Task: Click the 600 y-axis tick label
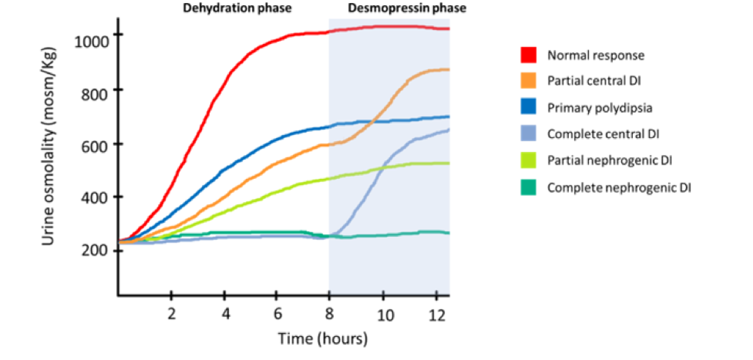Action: (97, 144)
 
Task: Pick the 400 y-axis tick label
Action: (97, 198)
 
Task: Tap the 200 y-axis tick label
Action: (97, 250)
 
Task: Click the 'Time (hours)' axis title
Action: (323, 340)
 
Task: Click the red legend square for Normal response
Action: (528, 55)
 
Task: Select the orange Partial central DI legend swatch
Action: (528, 81)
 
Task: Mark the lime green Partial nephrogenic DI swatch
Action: (528, 161)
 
